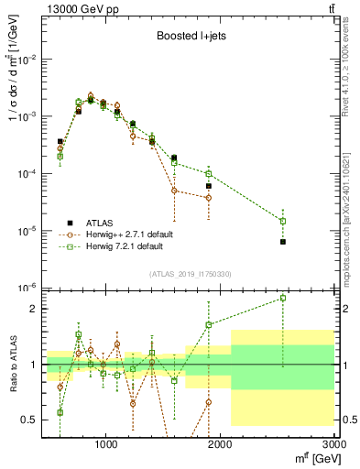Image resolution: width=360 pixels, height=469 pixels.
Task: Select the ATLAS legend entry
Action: [x=105, y=223]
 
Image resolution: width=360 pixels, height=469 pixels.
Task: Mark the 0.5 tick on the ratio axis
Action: [x=28, y=420]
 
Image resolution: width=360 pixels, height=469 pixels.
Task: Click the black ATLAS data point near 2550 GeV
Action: [x=283, y=242]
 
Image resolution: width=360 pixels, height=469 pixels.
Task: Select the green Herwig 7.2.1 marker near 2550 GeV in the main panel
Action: [x=283, y=221]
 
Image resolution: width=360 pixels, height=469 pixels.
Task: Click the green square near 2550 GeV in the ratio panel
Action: [x=283, y=298]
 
